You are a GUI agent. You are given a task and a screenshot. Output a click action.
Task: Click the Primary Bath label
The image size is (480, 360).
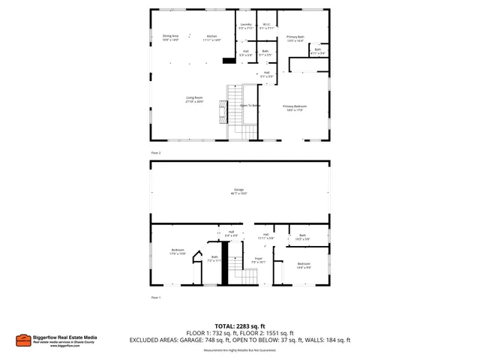click(295, 38)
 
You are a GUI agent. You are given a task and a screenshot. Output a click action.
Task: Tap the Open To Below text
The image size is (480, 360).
click(250, 106)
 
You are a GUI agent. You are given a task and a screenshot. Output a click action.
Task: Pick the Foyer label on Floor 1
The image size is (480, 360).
click(258, 260)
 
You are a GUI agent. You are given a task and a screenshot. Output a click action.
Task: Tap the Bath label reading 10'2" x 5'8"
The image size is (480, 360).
click(302, 237)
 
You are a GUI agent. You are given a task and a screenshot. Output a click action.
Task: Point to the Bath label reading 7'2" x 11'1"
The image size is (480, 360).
click(214, 259)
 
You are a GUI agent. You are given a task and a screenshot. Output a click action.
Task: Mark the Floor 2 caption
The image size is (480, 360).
click(156, 152)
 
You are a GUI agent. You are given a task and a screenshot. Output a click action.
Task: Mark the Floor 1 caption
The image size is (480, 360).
click(156, 298)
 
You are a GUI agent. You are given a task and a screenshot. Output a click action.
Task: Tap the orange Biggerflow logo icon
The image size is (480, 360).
click(23, 340)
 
